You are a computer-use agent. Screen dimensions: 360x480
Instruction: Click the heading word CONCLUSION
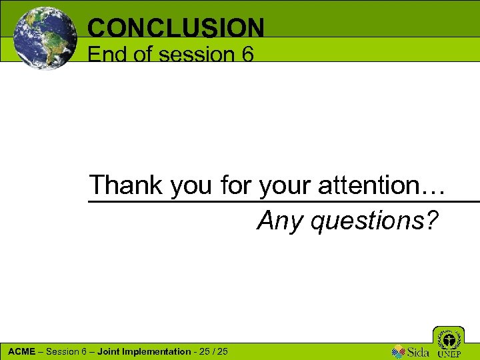coord(176,27)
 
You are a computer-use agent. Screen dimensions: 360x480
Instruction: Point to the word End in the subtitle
coord(108,54)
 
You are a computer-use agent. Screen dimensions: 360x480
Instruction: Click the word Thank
coord(127,185)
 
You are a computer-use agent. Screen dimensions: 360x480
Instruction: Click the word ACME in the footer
coord(21,351)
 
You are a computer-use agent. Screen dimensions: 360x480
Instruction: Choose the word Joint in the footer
coord(109,351)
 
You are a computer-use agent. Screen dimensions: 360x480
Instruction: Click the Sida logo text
coord(417,351)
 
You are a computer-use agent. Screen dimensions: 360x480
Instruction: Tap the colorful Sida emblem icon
coord(398,351)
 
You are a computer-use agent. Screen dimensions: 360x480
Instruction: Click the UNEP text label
coord(449,354)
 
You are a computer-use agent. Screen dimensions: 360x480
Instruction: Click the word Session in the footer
coord(63,351)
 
